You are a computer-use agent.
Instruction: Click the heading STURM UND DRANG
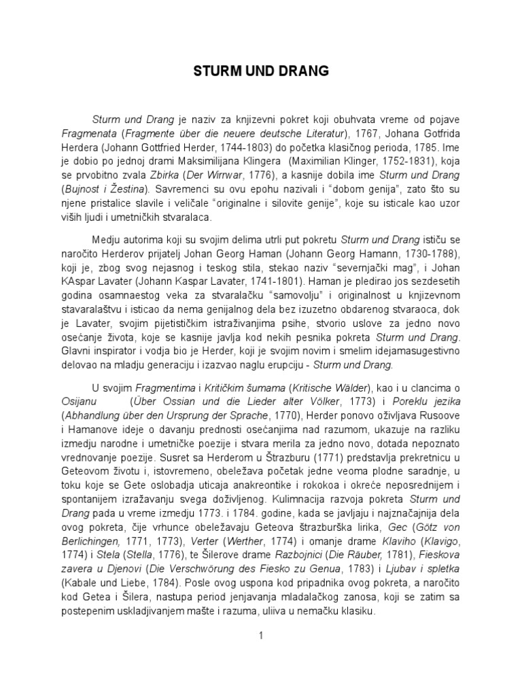260,70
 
